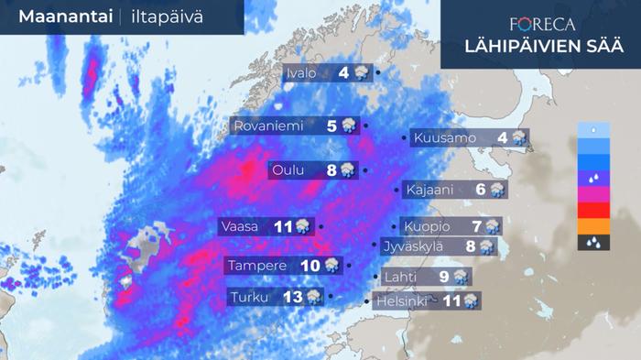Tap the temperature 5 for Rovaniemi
[331, 126]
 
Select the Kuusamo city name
[445, 138]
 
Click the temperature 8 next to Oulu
[331, 169]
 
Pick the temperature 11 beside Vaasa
[282, 225]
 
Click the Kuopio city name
[426, 226]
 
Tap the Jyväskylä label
[423, 245]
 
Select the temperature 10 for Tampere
[310, 266]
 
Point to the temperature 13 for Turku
[293, 297]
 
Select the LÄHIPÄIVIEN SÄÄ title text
[541, 47]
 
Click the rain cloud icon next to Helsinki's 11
[471, 300]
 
